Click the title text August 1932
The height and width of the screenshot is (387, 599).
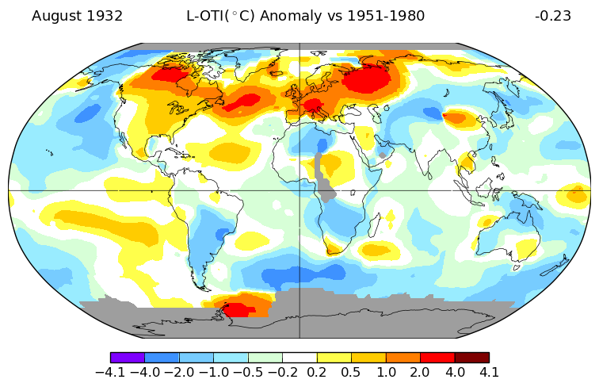[x=77, y=16]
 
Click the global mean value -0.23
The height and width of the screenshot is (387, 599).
[x=552, y=16]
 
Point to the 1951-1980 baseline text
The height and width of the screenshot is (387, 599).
[x=386, y=16]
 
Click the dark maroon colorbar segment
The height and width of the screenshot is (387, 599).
[x=471, y=358]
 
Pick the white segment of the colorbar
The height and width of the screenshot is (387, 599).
[x=299, y=358]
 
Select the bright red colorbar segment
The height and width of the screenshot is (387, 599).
[x=437, y=358]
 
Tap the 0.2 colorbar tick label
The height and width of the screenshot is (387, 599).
[x=317, y=372]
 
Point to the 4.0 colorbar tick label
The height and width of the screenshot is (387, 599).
[x=455, y=372]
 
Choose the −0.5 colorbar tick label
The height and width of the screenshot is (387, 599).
[x=248, y=372]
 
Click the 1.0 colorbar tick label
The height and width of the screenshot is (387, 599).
[x=386, y=372]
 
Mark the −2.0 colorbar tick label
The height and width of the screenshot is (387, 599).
[x=179, y=372]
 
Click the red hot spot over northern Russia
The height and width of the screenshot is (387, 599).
[x=368, y=79]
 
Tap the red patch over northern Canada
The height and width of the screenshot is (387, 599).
[x=169, y=75]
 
